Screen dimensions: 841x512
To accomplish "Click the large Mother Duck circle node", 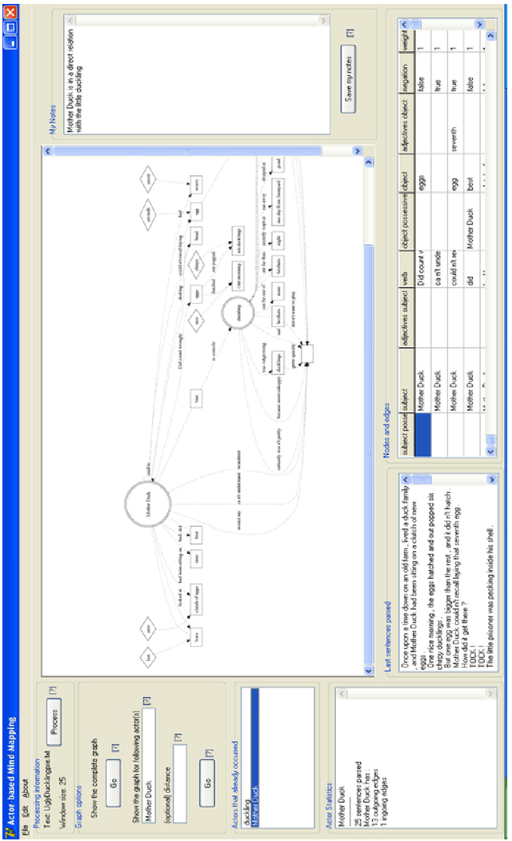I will [x=149, y=504].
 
